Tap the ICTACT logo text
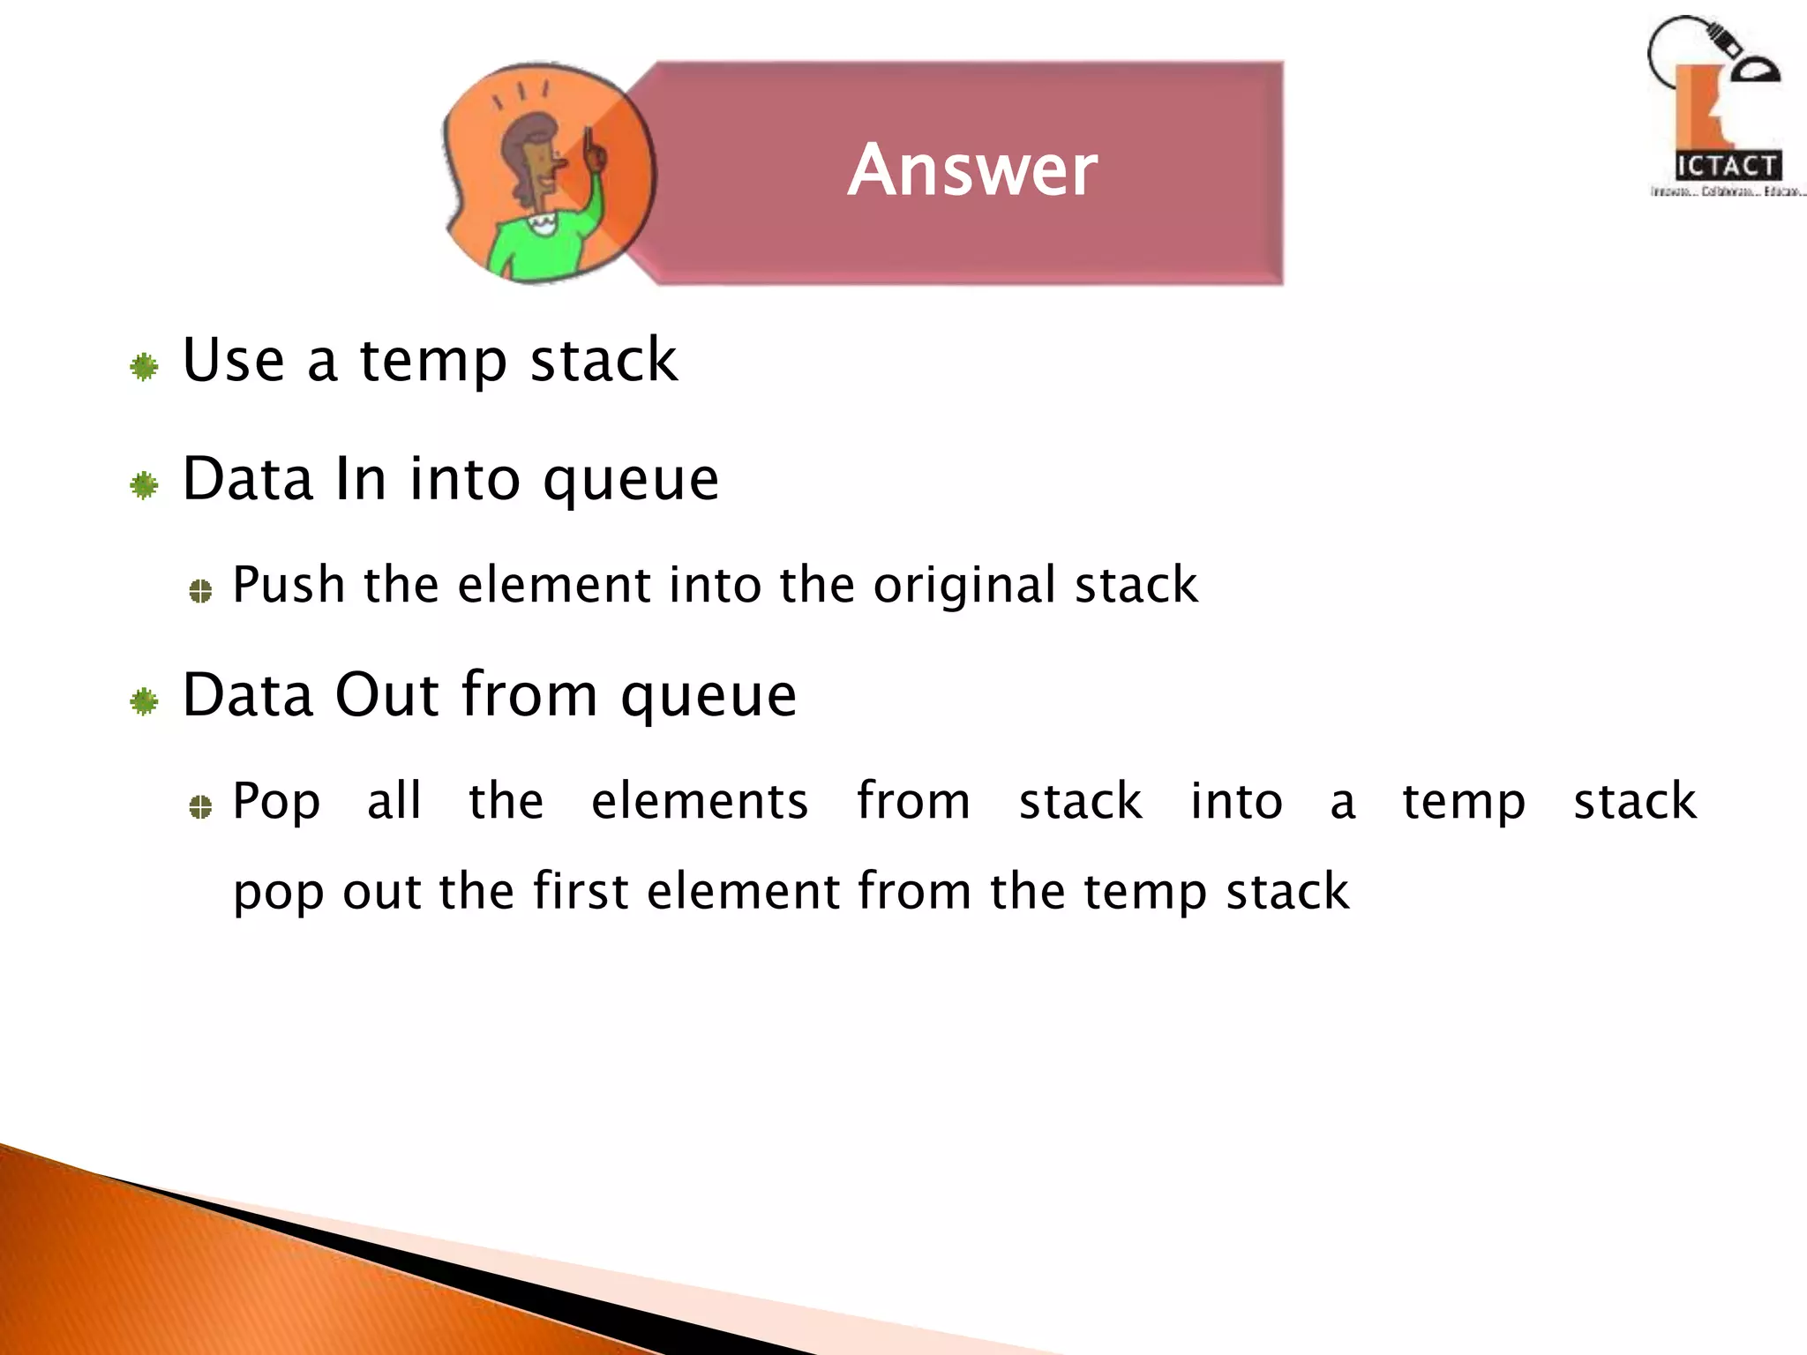pos(1727,166)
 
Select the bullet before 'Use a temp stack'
pos(144,366)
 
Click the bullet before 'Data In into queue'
pos(144,485)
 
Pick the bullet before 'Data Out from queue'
pos(144,701)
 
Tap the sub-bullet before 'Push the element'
pos(200,591)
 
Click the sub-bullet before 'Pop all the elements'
pos(200,806)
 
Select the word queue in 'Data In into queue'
pos(630,482)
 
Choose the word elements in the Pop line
pos(699,801)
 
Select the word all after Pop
pos(394,801)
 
